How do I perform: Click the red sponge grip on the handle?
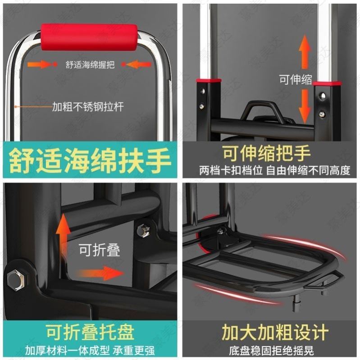(x=89, y=37)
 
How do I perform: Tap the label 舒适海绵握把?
(x=90, y=65)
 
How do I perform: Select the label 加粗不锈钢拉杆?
(x=87, y=107)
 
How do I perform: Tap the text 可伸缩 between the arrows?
(x=296, y=80)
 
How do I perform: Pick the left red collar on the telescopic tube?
(x=208, y=81)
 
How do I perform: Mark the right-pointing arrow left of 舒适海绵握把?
(x=40, y=64)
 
